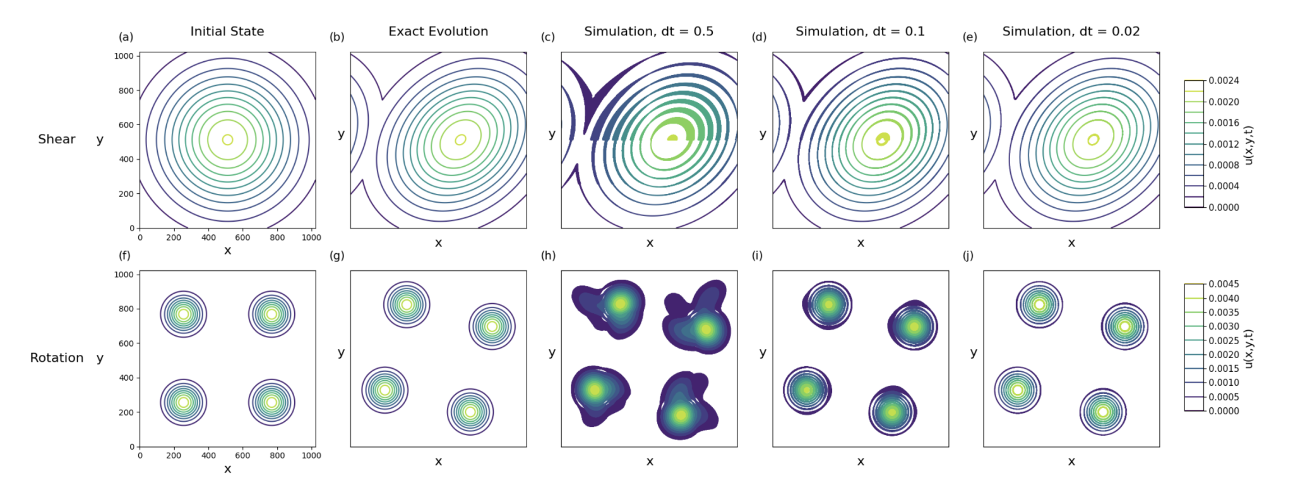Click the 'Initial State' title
[x=227, y=32]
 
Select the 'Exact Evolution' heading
[x=438, y=32]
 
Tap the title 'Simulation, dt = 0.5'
[x=648, y=32]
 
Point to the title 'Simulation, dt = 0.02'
[x=1071, y=32]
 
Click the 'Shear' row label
[x=57, y=140]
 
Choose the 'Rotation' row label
[x=57, y=358]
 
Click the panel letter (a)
[x=126, y=37]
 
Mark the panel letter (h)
[x=548, y=256]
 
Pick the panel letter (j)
[x=968, y=256]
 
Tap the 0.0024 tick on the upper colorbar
[x=1224, y=81]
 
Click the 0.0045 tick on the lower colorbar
[x=1224, y=284]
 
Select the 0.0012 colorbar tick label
[x=1224, y=144]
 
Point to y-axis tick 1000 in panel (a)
[x=124, y=56]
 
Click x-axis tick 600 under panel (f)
[x=242, y=455]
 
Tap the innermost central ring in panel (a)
[x=227, y=140]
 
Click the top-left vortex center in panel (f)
[x=184, y=314]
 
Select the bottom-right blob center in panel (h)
[x=681, y=415]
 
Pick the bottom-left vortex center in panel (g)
[x=384, y=390]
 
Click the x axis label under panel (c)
[x=650, y=243]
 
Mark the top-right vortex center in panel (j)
[x=1124, y=326]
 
